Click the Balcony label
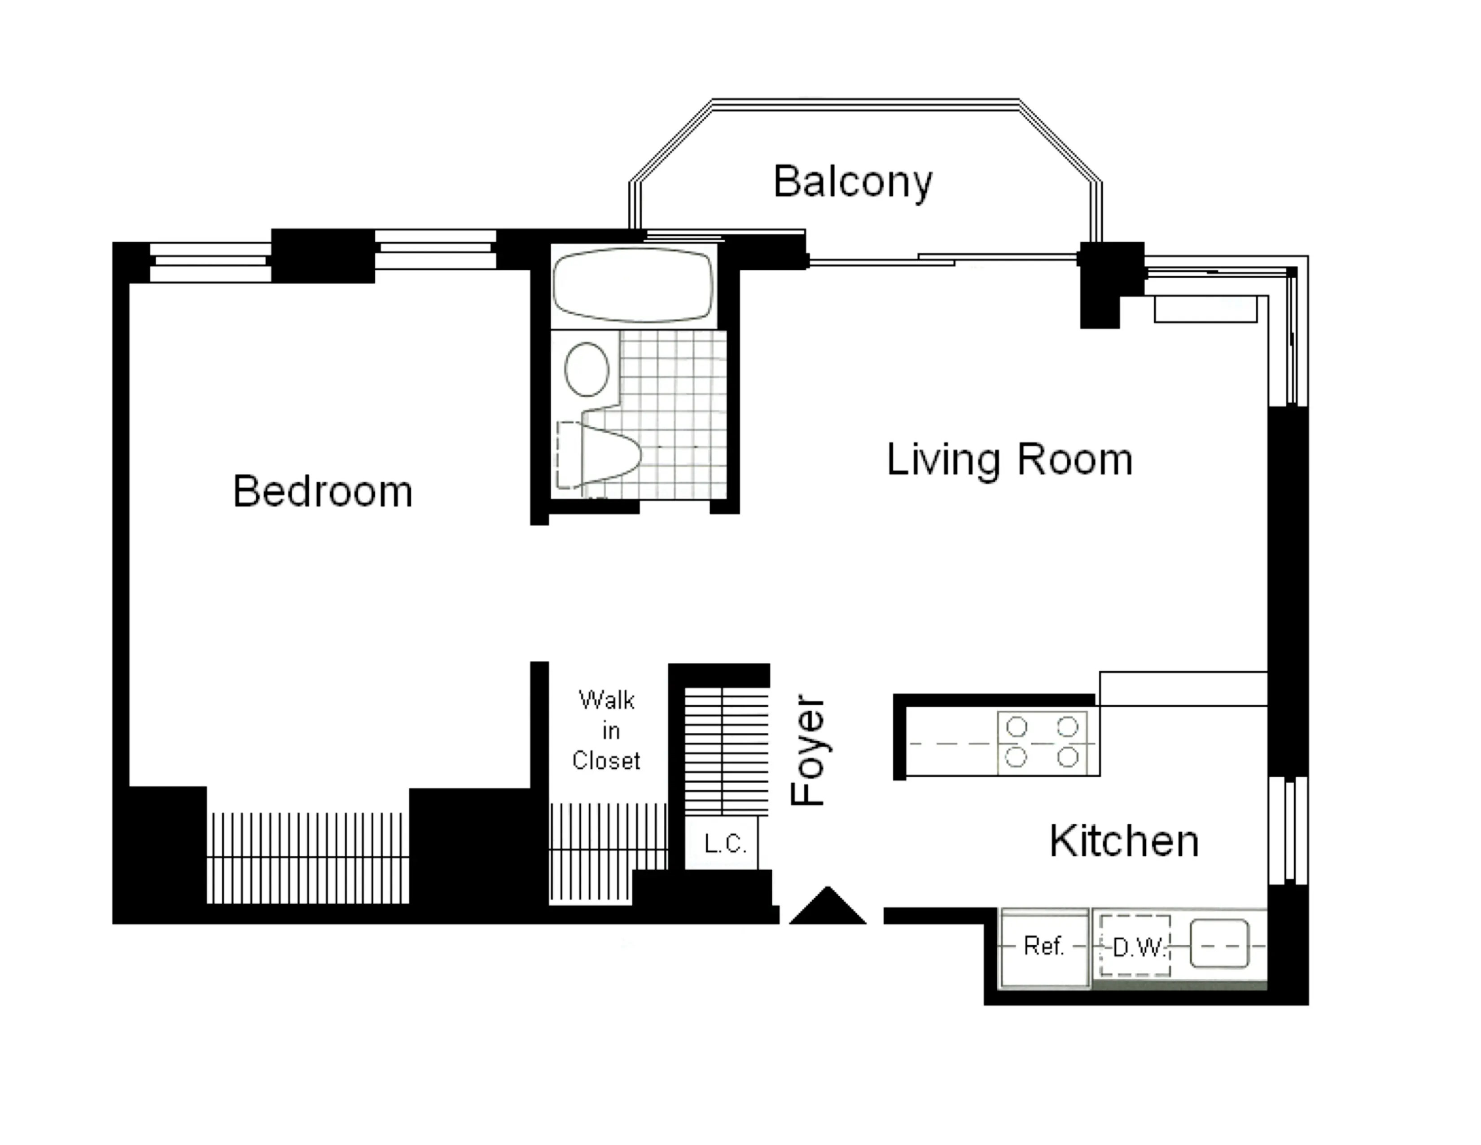point(852,182)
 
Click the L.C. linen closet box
point(724,844)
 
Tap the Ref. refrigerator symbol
point(1043,946)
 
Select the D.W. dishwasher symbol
point(1135,946)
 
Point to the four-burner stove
point(1042,742)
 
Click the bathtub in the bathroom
point(633,285)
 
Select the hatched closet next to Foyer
point(726,752)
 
